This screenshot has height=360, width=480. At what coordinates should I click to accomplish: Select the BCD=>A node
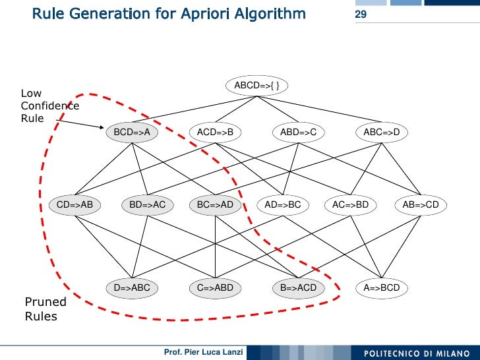coord(133,133)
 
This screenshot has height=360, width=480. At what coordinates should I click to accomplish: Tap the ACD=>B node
coord(216,133)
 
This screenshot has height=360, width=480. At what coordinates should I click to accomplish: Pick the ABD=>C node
coord(299,133)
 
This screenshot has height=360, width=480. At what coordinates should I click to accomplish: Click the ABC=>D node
coord(382,133)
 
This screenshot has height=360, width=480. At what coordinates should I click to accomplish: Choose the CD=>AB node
coord(75,205)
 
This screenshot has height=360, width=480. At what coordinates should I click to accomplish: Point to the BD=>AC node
coord(147,205)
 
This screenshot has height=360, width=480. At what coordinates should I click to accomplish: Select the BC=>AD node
coord(215,205)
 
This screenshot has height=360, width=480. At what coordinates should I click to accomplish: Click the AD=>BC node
coord(283,205)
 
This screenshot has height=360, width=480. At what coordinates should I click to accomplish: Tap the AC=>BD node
coord(350,205)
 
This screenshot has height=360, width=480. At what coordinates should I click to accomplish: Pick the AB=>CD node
coord(421,205)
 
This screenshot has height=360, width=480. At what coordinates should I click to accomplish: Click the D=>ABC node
coord(132,287)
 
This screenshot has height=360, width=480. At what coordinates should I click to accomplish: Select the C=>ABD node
coord(216,287)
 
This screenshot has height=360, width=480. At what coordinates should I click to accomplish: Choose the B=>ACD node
coord(299,287)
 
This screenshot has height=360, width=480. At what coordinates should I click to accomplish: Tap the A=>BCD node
coord(382,287)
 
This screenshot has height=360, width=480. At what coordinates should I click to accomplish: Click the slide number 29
coord(361,15)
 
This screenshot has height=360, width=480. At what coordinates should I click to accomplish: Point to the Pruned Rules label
coord(45,309)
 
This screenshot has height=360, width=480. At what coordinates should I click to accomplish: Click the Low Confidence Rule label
coord(49,105)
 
